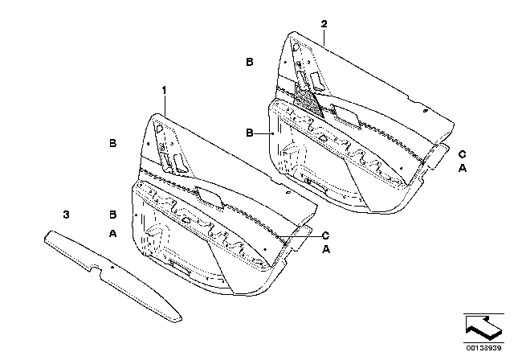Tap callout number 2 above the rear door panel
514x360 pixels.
point(324,25)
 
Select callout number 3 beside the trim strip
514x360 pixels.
point(67,214)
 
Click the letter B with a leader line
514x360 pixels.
point(250,133)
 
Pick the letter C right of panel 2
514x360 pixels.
point(461,153)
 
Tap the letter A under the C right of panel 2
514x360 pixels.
point(461,169)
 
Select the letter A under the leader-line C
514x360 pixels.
point(325,251)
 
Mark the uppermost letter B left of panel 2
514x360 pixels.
point(250,62)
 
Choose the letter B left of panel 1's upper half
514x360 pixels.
point(113,143)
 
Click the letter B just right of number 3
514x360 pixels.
point(112,215)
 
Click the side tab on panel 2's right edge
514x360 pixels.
point(437,154)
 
